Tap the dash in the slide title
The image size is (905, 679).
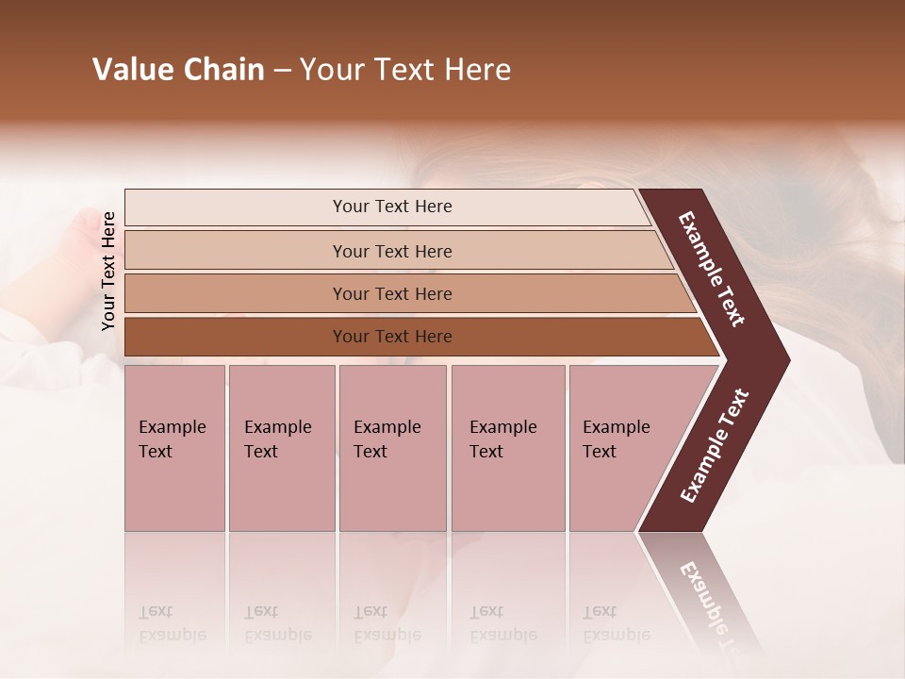click(282, 71)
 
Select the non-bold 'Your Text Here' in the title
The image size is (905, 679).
click(405, 70)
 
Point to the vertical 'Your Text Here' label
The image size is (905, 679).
click(108, 271)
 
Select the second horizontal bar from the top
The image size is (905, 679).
click(391, 251)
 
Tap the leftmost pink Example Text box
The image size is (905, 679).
click(174, 448)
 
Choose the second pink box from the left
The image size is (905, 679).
click(281, 448)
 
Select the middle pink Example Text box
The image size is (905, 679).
click(392, 448)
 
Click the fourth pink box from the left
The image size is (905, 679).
click(507, 448)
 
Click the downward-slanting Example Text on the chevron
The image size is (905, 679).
click(712, 269)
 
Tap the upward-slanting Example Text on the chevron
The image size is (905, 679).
click(715, 445)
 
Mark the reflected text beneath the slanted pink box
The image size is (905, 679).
click(600, 622)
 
